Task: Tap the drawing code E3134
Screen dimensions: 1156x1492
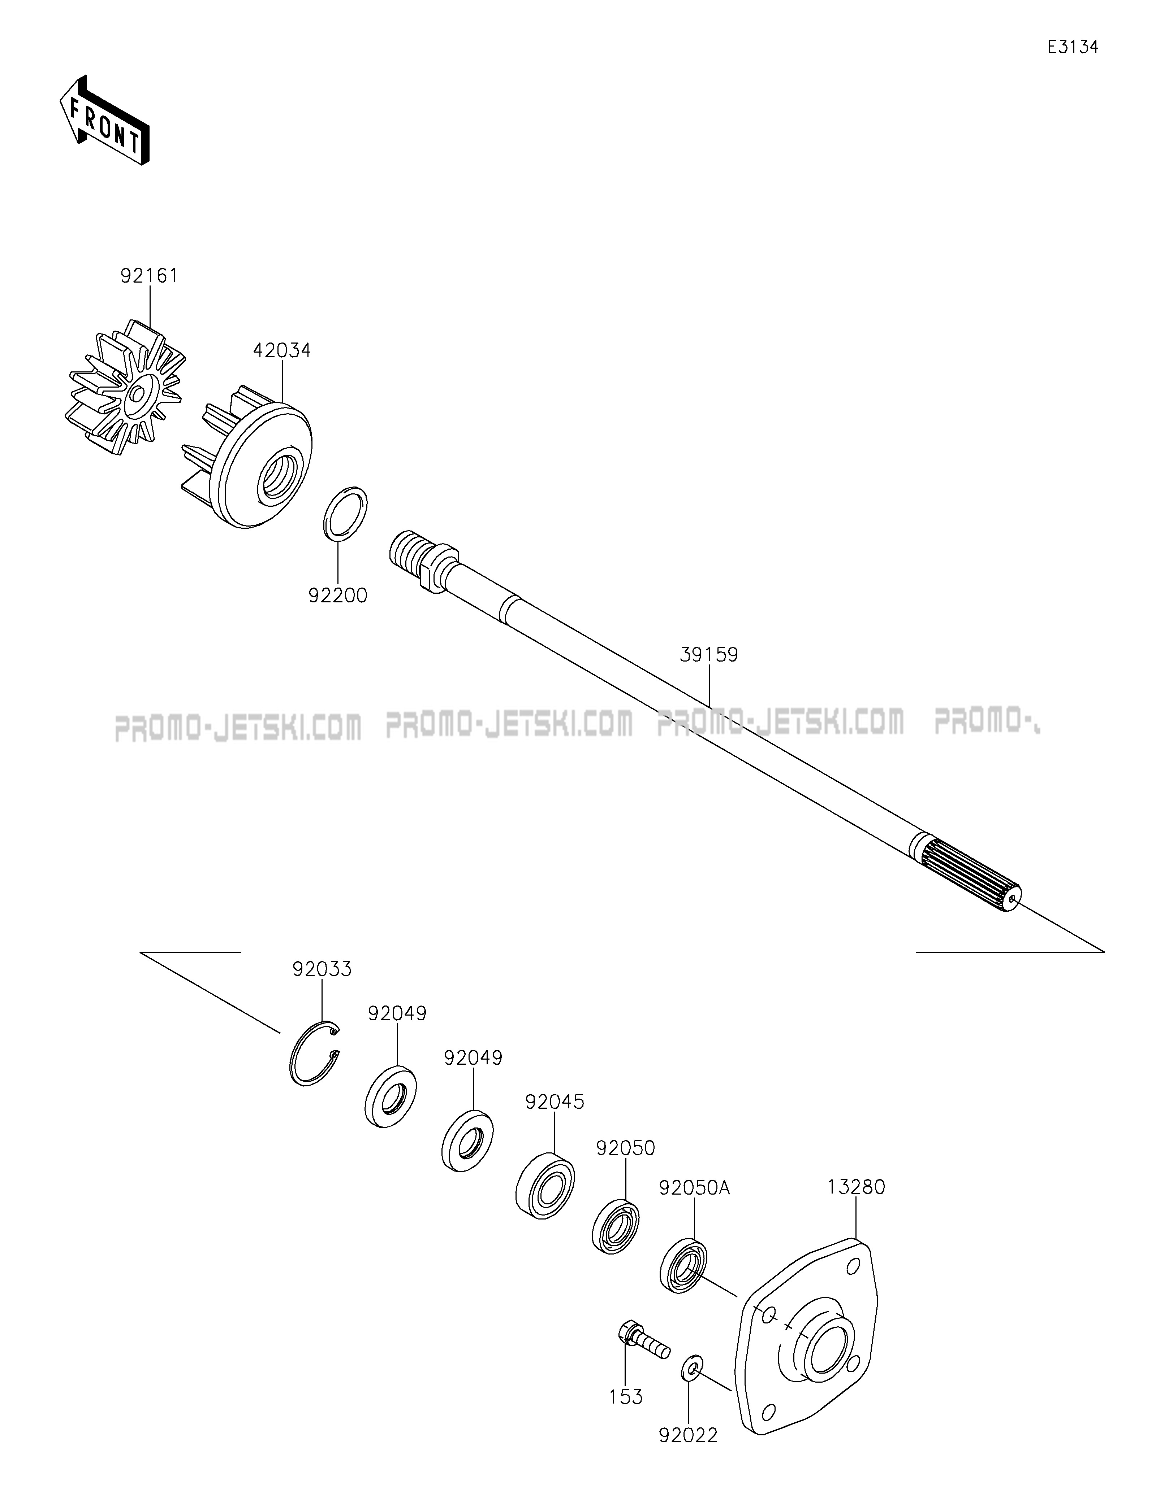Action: [1073, 47]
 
